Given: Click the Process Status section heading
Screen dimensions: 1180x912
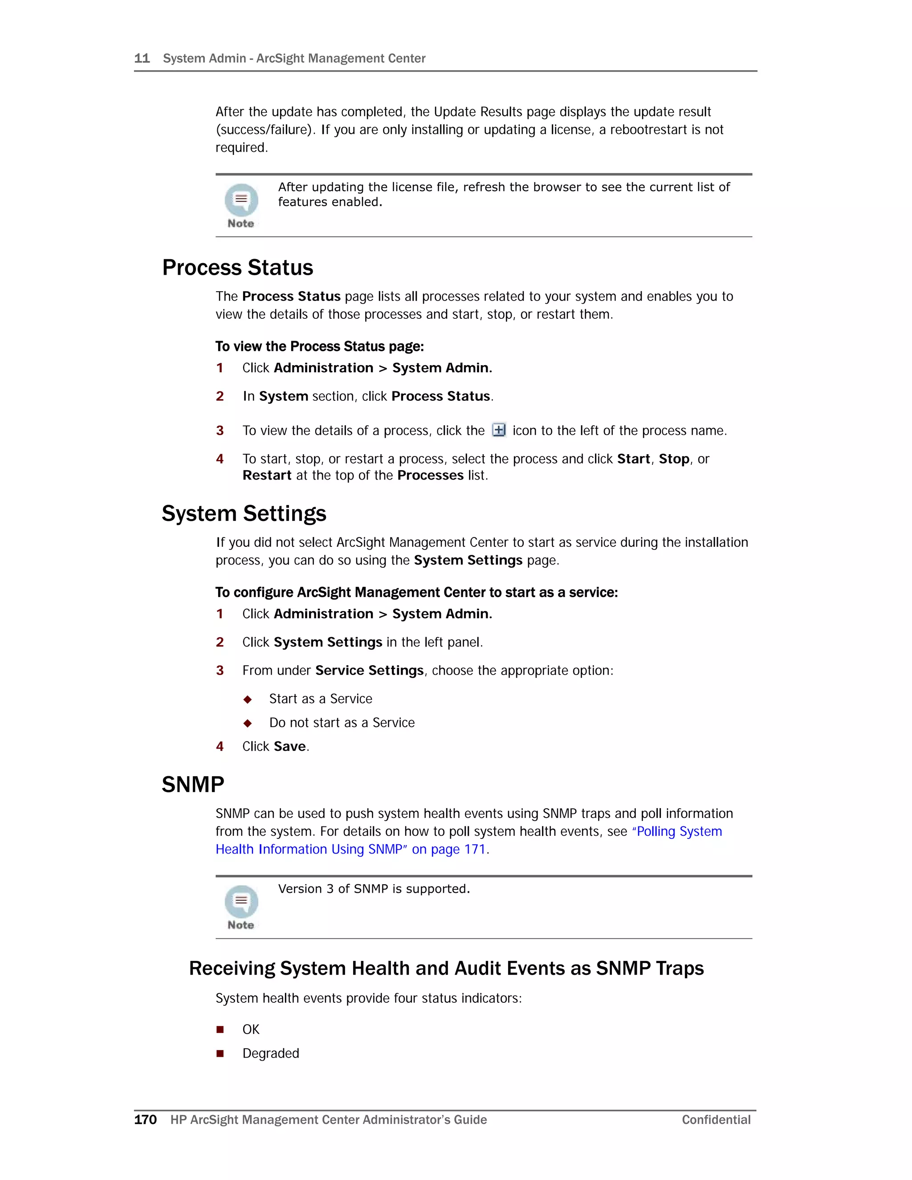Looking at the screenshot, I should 238,268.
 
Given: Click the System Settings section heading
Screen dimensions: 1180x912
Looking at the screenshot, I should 244,514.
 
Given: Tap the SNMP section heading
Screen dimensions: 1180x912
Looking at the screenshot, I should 193,785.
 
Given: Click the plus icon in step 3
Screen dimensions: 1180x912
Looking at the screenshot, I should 499,430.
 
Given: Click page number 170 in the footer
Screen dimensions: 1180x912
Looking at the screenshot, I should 145,1119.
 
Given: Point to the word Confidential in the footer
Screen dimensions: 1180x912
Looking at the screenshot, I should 716,1119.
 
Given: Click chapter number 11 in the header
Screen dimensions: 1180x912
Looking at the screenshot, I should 142,58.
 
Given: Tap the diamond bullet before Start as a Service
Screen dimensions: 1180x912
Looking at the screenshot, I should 248,700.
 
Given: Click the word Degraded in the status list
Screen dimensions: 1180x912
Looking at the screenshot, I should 271,1054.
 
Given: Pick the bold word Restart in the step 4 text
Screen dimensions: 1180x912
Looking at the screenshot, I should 267,476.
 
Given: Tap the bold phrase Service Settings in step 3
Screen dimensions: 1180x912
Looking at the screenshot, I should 370,671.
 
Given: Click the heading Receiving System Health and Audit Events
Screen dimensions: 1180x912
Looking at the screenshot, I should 446,968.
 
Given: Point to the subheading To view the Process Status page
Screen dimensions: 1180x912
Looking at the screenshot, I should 319,346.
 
